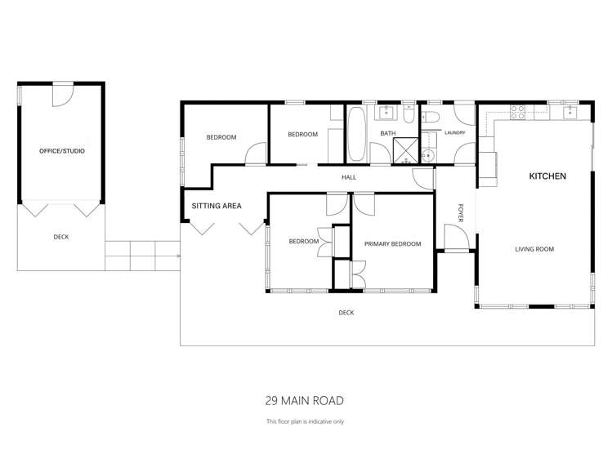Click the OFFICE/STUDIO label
(x=62, y=151)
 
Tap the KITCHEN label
(x=547, y=176)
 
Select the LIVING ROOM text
(x=534, y=249)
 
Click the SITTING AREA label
(x=217, y=207)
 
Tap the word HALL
(x=349, y=177)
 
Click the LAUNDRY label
(x=454, y=132)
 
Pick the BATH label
(x=387, y=133)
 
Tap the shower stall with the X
(x=404, y=150)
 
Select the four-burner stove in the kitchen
(x=517, y=111)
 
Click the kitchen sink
(x=570, y=111)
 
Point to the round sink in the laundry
(x=428, y=154)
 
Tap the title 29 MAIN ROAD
(x=304, y=400)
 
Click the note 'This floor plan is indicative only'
(x=305, y=421)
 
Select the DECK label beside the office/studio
(x=61, y=237)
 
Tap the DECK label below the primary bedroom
(x=346, y=312)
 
